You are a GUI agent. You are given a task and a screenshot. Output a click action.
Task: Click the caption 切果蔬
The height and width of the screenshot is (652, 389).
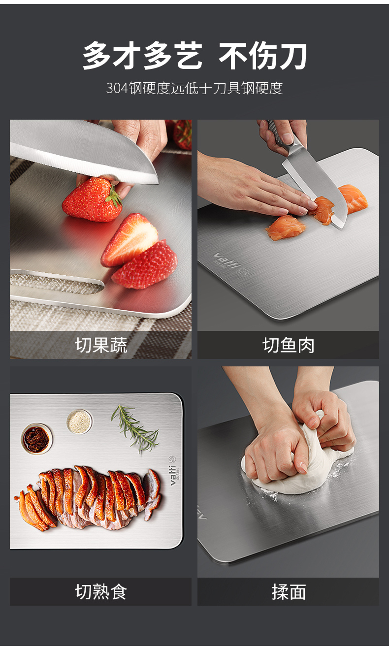101,345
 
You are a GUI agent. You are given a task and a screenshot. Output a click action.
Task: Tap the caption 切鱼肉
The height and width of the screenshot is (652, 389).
289,345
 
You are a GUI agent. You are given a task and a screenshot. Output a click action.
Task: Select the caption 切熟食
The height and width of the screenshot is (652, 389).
101,592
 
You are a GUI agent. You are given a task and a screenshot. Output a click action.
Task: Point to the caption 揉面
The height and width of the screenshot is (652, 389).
289,592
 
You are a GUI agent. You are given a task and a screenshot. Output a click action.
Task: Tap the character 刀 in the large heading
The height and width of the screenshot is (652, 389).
292,56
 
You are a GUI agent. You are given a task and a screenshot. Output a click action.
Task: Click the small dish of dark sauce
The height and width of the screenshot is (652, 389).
36,439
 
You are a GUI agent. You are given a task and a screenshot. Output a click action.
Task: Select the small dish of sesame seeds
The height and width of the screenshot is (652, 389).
79,422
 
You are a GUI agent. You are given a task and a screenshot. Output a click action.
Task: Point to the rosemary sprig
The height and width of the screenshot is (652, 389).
135,428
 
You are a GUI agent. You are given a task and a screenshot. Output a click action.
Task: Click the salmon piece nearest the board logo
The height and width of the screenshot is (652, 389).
285,228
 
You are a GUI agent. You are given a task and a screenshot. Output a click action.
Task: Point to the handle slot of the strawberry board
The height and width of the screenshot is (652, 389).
57,282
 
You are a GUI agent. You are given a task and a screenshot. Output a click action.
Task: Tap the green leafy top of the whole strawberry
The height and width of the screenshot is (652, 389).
114,196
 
